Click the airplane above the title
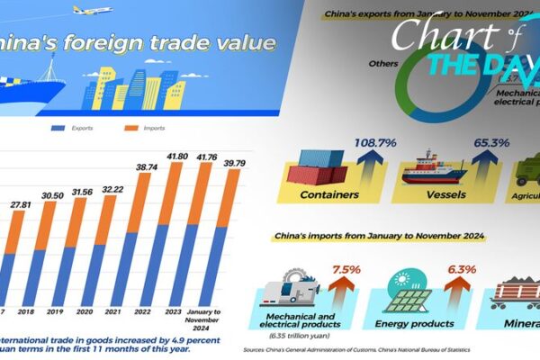pos(92,12)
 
